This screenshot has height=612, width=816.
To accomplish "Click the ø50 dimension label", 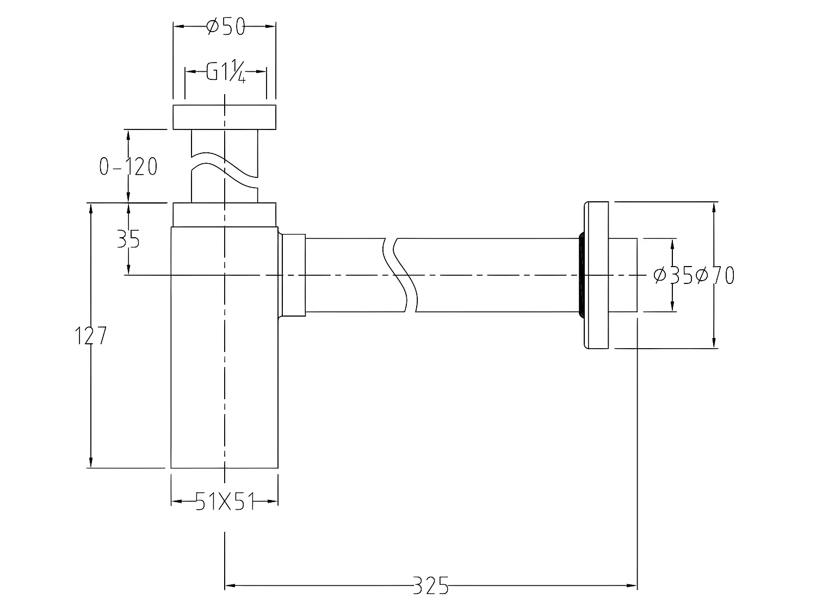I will coord(226,26).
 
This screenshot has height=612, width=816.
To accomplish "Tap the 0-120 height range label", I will coord(128,166).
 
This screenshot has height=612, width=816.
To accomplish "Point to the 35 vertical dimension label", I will coord(128,239).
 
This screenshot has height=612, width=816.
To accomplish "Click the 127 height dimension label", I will coord(90,337).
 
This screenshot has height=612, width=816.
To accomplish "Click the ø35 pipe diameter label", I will coord(673,276).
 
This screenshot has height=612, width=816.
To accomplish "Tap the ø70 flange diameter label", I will coord(715,276).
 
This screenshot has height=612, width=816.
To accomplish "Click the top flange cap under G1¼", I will coord(224,117).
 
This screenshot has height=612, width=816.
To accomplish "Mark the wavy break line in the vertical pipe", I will coord(224,166).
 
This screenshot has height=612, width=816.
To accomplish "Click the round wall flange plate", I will coord(596,275).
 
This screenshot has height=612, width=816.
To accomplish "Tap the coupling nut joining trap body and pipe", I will coord(293,275).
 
